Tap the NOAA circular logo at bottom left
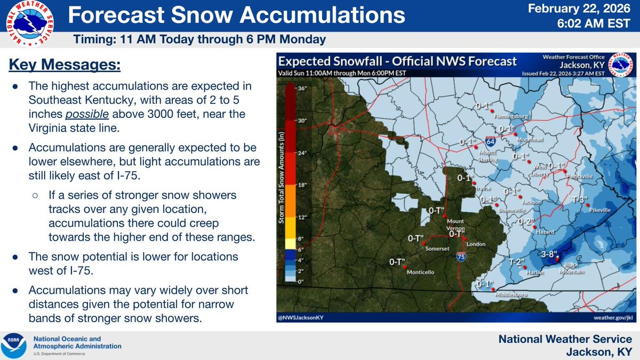(x=14, y=345)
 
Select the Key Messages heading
(x=65, y=66)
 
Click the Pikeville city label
(x=600, y=210)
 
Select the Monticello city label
(x=421, y=272)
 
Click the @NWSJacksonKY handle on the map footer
(x=301, y=317)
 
